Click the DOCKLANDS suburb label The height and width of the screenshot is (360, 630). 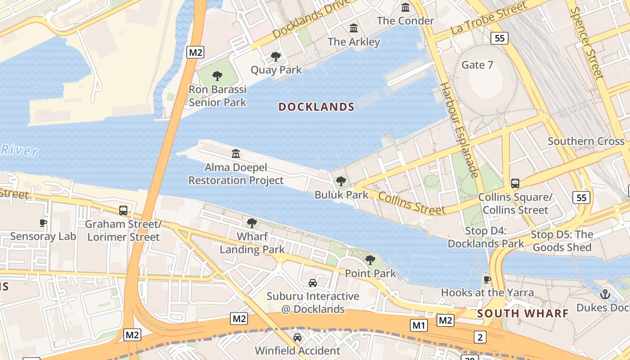coord(316,107)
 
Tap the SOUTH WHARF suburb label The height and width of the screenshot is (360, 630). coord(523,313)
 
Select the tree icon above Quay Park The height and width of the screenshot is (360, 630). coord(276,57)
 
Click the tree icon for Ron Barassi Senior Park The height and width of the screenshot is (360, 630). coord(217,76)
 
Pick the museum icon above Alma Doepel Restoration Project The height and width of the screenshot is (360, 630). coord(236,154)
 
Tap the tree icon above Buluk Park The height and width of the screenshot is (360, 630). coord(341,181)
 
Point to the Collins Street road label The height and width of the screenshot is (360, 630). coord(411,203)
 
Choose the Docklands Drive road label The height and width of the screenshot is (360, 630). coord(311,18)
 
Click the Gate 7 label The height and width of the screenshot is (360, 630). coord(477,65)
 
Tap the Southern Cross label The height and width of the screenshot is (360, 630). coord(586,141)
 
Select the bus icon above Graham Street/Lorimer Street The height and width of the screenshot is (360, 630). coord(123,210)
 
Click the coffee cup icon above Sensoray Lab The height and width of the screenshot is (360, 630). coord(43,223)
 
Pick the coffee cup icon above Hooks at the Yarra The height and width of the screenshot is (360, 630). coord(487,279)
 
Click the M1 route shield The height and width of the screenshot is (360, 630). coord(418,324)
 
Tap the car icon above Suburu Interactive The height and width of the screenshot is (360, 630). coord(312,283)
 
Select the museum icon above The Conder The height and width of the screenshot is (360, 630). coord(405,7)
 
